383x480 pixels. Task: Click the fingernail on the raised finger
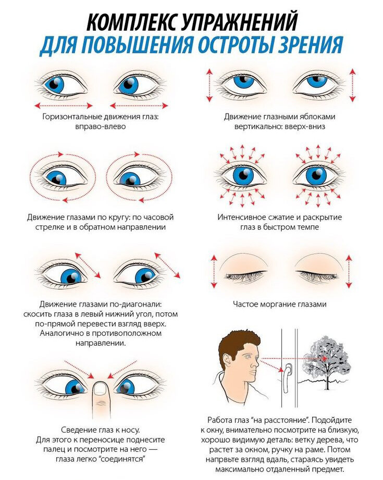(x=100, y=388)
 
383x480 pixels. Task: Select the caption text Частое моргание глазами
(x=279, y=304)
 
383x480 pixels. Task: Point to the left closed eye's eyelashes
(x=245, y=275)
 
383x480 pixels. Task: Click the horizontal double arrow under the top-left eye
(x=63, y=106)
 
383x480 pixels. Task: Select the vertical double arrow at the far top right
(x=353, y=85)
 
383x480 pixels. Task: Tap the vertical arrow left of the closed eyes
(x=214, y=271)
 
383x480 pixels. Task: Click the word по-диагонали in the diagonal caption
(x=141, y=304)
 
